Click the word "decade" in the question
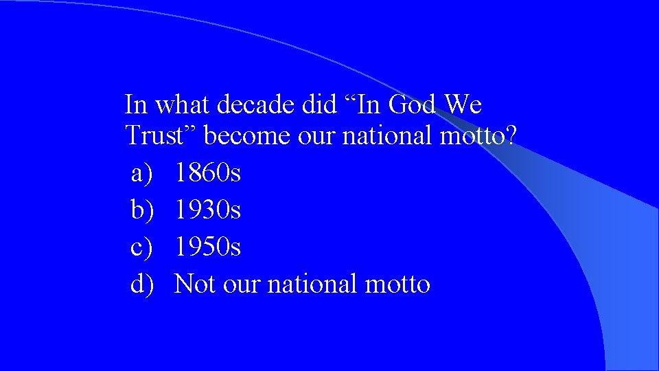pyautogui.click(x=256, y=106)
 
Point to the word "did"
pyautogui.click(x=319, y=106)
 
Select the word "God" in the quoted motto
pyautogui.click(x=412, y=106)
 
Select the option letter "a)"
pyautogui.click(x=141, y=173)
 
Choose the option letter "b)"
pyautogui.click(x=141, y=210)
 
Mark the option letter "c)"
pyautogui.click(x=141, y=247)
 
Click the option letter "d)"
pyautogui.click(x=141, y=284)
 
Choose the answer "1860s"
pyautogui.click(x=207, y=173)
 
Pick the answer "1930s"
pyautogui.click(x=207, y=210)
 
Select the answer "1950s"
pyautogui.click(x=207, y=247)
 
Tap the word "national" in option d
pyautogui.click(x=311, y=284)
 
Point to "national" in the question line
pyautogui.click(x=386, y=135)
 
